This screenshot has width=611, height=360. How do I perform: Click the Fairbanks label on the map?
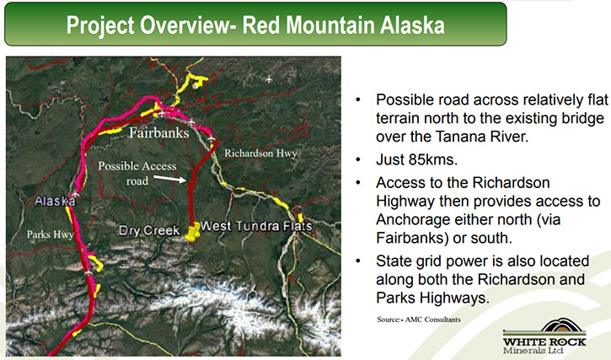pos(159,133)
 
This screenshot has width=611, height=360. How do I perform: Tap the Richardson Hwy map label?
pos(260,153)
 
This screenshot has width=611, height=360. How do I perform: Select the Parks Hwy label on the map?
pos(51,234)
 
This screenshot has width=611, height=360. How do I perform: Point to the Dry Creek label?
pos(149,230)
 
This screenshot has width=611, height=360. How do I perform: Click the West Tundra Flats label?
pos(256,226)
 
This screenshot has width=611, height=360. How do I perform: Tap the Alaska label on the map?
pos(55,201)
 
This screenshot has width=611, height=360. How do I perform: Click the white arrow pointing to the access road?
pos(170,179)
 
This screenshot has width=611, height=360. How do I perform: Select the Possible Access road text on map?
pos(137,173)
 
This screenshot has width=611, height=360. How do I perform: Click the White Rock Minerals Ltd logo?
pos(544,336)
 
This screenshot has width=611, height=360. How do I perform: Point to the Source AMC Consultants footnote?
pos(419,320)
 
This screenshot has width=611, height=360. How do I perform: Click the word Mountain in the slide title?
pos(331,25)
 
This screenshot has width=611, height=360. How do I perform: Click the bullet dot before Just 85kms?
pos(358,159)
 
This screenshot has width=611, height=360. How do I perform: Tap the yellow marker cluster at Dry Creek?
pos(192,232)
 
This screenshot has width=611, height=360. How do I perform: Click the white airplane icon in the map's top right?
pos(269,79)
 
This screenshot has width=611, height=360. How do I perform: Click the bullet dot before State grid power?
pos(358,261)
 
